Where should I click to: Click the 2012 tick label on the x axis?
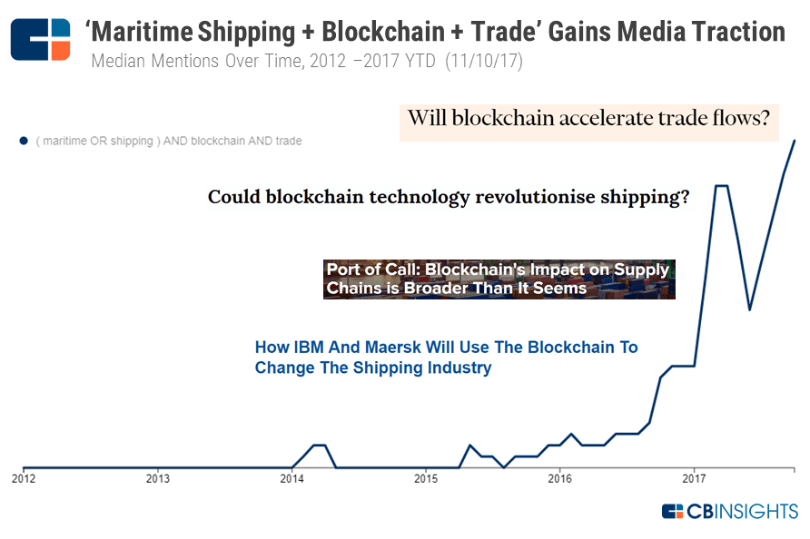click(x=24, y=477)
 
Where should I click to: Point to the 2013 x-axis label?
click(x=157, y=477)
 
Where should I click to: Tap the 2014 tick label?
click(x=291, y=477)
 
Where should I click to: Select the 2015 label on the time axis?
click(x=426, y=477)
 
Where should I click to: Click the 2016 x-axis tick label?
click(x=560, y=477)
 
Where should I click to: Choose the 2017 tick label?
click(x=695, y=477)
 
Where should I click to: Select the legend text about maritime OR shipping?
click(x=169, y=141)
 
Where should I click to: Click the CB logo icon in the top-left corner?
click(x=40, y=39)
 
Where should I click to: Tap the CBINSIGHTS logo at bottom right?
click(x=730, y=511)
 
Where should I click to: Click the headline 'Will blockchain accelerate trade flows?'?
click(x=588, y=119)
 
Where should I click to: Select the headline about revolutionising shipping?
click(x=448, y=197)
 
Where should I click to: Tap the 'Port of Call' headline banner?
click(x=499, y=279)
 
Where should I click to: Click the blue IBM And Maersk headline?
click(x=446, y=358)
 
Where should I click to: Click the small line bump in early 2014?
click(x=319, y=446)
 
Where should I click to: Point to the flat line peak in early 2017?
click(x=722, y=186)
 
